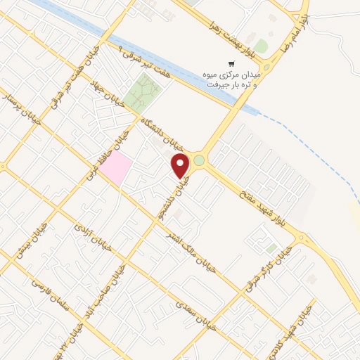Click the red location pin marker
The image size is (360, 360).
[181, 166]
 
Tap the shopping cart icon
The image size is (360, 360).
[231, 63]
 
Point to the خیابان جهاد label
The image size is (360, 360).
[110, 92]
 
